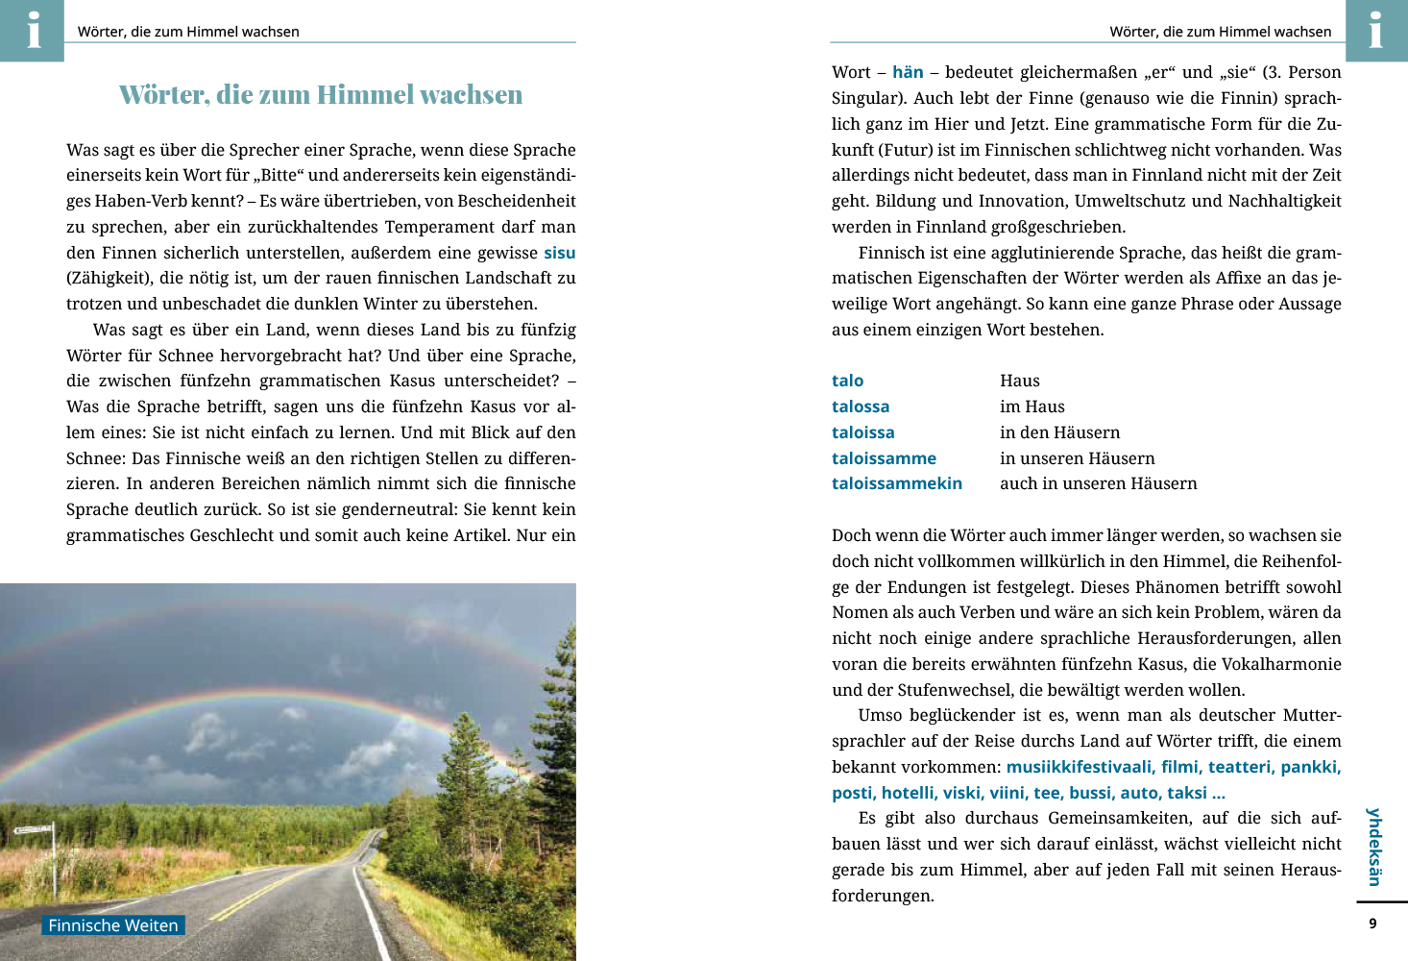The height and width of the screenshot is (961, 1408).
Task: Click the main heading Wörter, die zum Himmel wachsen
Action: click(x=321, y=95)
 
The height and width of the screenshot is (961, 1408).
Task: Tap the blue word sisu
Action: click(x=559, y=253)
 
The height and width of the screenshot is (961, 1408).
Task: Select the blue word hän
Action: click(x=908, y=72)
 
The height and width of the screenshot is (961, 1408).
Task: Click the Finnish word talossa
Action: click(x=861, y=407)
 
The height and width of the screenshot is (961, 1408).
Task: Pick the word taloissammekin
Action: click(x=897, y=483)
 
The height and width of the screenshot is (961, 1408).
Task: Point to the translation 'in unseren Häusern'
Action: click(x=1077, y=458)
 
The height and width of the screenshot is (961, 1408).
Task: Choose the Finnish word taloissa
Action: click(x=862, y=432)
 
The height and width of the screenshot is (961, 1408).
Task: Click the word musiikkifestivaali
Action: click(x=1079, y=767)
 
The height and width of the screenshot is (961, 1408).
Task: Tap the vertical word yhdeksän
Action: click(x=1374, y=847)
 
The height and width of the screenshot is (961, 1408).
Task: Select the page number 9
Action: click(x=1372, y=924)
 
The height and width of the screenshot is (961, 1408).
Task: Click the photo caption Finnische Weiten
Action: click(x=113, y=925)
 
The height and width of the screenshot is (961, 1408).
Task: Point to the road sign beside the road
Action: click(x=35, y=829)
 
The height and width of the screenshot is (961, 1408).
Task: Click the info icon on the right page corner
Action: click(x=1375, y=30)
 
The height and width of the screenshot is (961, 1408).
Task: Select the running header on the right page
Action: click(x=1220, y=32)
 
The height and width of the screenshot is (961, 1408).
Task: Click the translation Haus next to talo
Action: click(x=1019, y=381)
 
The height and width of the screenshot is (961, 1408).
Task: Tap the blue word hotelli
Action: click(x=908, y=793)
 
